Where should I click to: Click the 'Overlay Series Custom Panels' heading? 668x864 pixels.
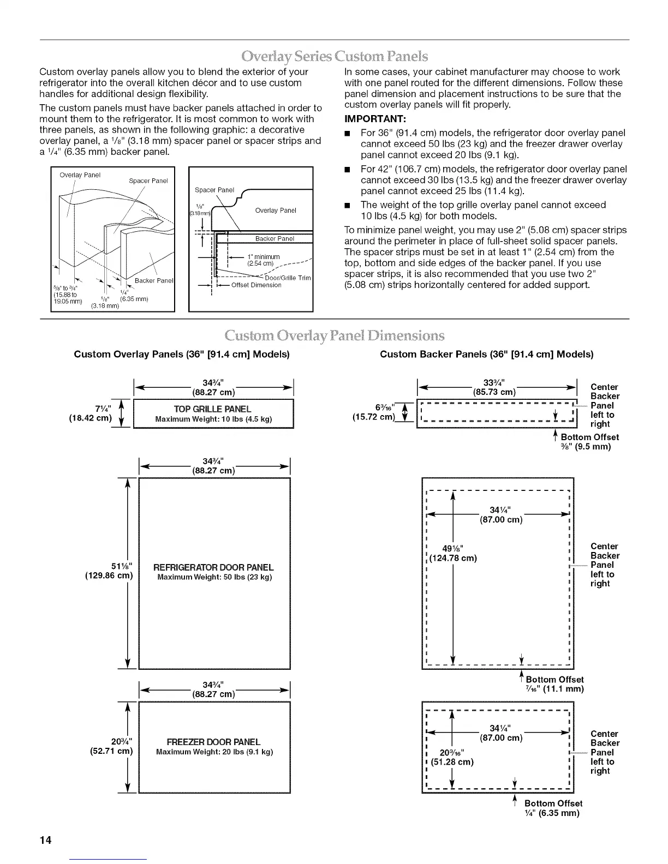335,56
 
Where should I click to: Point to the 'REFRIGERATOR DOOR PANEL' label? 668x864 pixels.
213,567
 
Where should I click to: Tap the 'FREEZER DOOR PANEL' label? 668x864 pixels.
213,742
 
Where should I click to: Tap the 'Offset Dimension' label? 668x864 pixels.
256,285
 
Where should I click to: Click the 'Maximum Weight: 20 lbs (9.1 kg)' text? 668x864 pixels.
214,752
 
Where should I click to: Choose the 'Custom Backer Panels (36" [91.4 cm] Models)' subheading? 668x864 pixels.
486,354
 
